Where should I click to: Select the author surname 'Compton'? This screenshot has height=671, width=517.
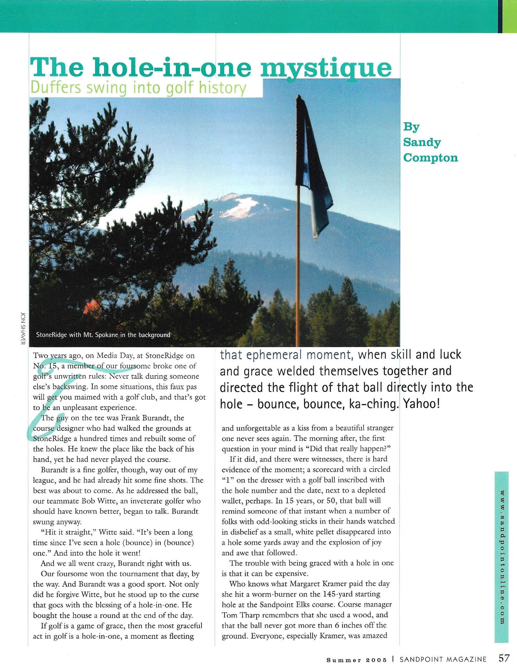pos(430,158)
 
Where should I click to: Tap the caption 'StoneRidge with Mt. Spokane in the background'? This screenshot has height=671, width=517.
pos(103,335)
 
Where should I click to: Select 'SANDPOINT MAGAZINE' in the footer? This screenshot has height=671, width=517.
pos(443,659)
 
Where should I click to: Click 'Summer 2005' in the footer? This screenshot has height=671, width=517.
pos(357,660)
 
